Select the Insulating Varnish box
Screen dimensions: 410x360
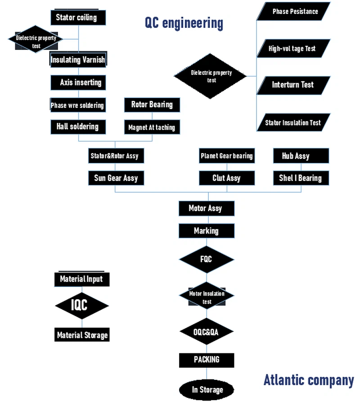coord(78,60)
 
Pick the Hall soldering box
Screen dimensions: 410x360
coord(78,126)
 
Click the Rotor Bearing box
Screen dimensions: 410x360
coord(152,105)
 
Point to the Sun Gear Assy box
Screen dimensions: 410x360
coord(116,178)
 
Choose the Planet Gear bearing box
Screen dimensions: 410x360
coord(227,156)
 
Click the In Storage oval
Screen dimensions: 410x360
coord(207,390)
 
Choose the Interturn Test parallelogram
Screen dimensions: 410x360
coord(293,85)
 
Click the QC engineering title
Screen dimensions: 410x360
coord(184,23)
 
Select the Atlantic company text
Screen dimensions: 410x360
coord(308,380)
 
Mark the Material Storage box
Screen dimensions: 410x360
coord(82,335)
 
